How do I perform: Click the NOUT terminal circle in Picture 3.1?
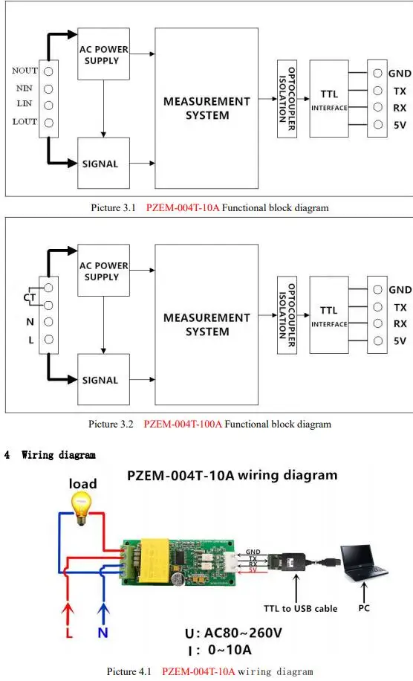(x=48, y=71)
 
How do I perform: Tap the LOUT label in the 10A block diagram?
(x=25, y=122)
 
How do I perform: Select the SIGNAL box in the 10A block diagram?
(x=103, y=163)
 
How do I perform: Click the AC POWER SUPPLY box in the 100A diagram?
(x=103, y=270)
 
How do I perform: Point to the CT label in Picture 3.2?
(x=30, y=297)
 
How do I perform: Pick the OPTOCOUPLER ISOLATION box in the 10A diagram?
(x=287, y=99)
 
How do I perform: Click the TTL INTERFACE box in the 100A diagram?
(x=329, y=315)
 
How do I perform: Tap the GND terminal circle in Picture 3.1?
(x=378, y=74)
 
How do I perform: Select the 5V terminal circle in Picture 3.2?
(x=378, y=341)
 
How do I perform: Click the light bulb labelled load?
(x=82, y=508)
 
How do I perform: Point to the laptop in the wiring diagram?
(x=363, y=563)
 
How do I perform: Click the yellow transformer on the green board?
(x=154, y=559)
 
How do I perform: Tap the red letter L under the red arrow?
(x=69, y=633)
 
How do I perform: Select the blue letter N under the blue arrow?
(x=103, y=633)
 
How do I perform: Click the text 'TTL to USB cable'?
(x=300, y=608)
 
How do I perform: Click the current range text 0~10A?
(x=230, y=650)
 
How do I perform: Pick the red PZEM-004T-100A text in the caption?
(x=183, y=424)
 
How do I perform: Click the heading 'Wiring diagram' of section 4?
(x=59, y=455)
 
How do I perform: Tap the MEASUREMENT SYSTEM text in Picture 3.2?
(x=207, y=324)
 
